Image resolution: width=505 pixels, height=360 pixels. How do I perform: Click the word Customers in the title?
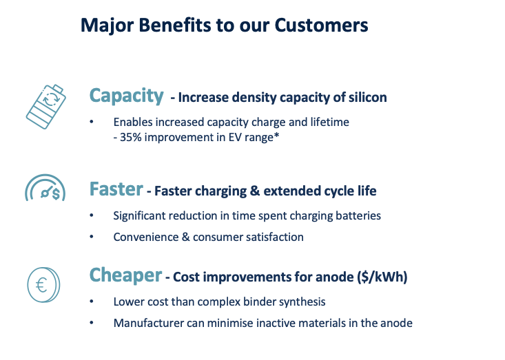(321, 25)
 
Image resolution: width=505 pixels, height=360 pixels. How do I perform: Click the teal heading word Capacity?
(127, 96)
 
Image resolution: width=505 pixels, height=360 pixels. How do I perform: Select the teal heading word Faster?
(116, 189)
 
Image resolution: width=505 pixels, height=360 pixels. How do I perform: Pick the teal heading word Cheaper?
(125, 275)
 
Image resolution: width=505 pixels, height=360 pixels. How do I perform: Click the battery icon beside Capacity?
(46, 107)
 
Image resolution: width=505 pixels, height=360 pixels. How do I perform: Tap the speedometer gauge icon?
(45, 187)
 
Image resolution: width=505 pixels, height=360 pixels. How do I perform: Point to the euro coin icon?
(43, 285)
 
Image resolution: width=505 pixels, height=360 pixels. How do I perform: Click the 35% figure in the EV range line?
(131, 138)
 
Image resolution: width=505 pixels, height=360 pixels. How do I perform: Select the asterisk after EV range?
(276, 136)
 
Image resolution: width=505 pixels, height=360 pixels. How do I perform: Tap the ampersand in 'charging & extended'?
(255, 191)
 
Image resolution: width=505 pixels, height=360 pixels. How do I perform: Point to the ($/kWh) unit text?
(382, 277)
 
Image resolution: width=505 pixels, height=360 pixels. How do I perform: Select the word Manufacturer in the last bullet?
(149, 323)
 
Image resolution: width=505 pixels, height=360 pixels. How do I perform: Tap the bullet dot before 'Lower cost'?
(92, 301)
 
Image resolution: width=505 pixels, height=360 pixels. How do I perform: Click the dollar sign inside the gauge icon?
(56, 193)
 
